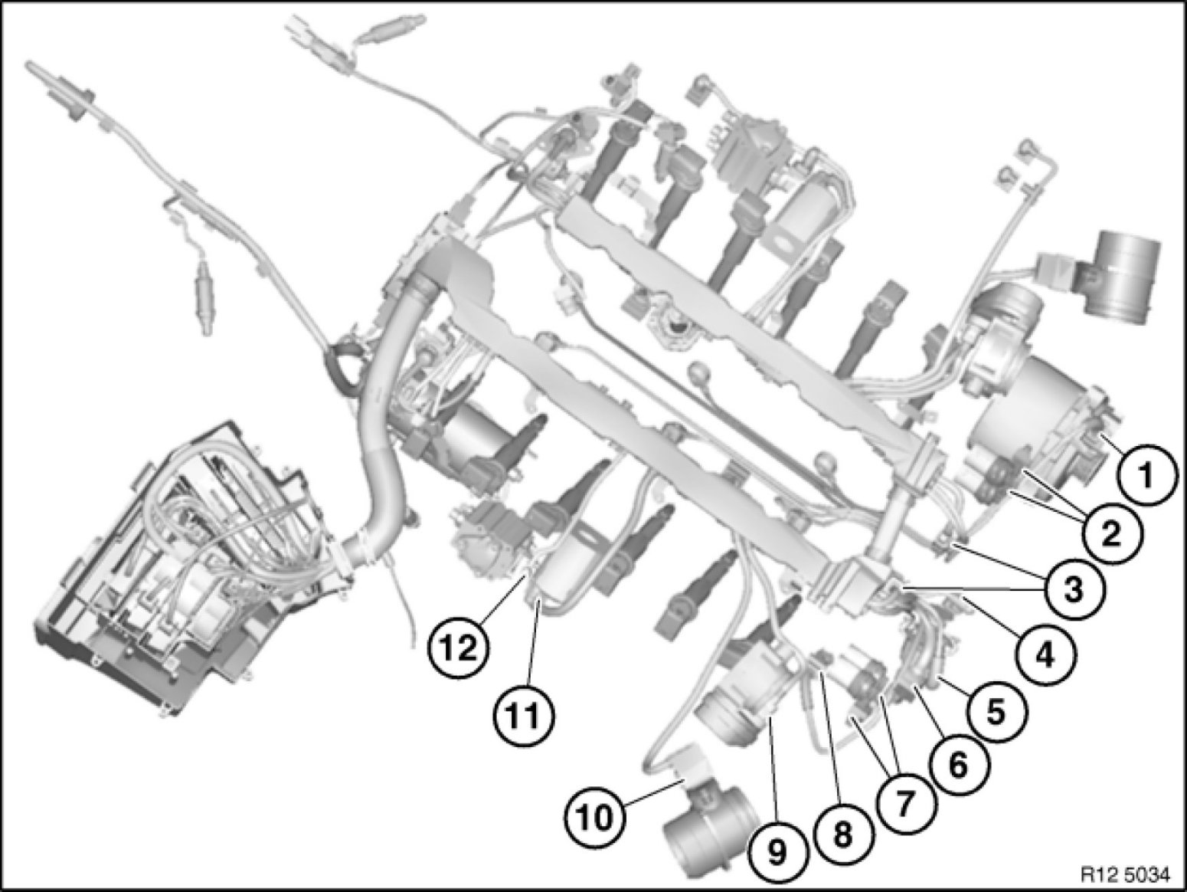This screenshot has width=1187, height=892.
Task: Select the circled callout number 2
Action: [1112, 534]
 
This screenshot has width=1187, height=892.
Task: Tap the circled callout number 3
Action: [1074, 589]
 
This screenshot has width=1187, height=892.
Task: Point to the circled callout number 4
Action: [1045, 656]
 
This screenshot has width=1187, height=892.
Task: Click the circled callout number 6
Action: [957, 766]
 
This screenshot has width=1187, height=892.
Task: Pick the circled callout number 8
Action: [843, 834]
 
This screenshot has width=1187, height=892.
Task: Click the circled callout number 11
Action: [525, 717]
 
